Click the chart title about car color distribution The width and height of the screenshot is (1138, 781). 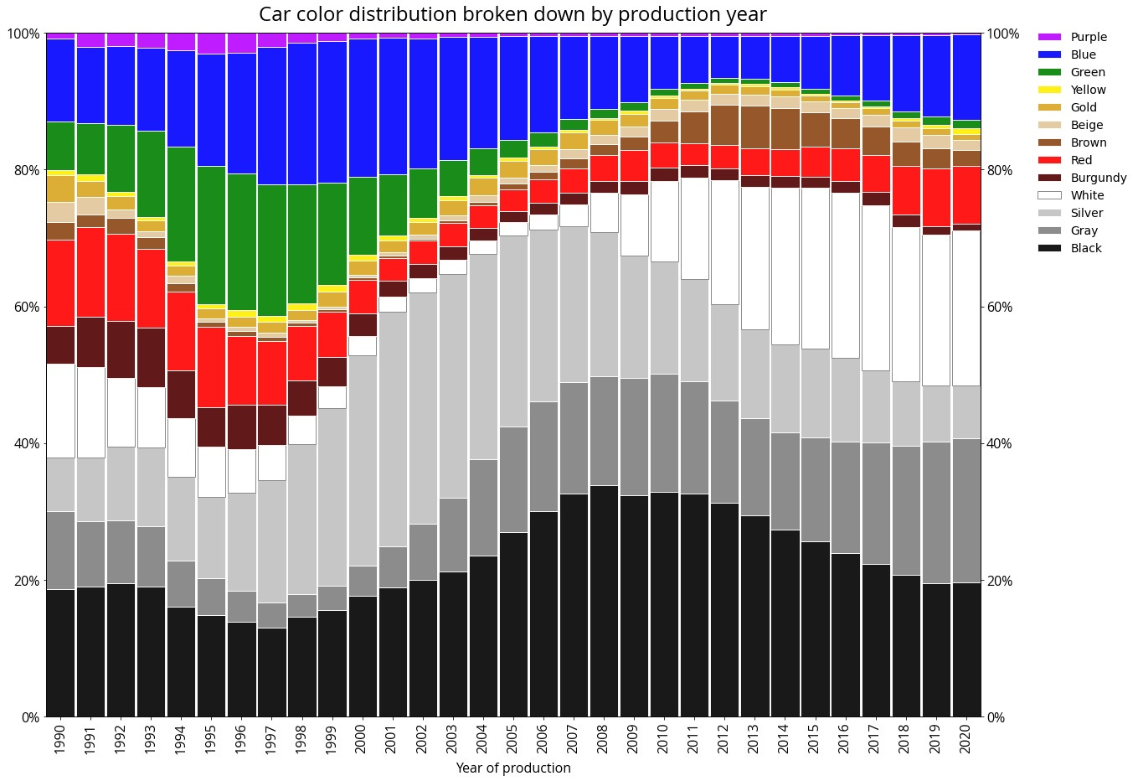(512, 15)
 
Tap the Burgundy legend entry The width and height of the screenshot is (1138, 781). (1098, 178)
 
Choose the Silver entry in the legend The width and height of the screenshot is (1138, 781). (1086, 213)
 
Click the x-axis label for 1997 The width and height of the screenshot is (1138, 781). (270, 740)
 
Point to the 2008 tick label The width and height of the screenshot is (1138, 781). (603, 740)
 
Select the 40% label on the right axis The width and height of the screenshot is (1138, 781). (996, 444)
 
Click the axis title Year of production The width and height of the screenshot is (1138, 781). (512, 768)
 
